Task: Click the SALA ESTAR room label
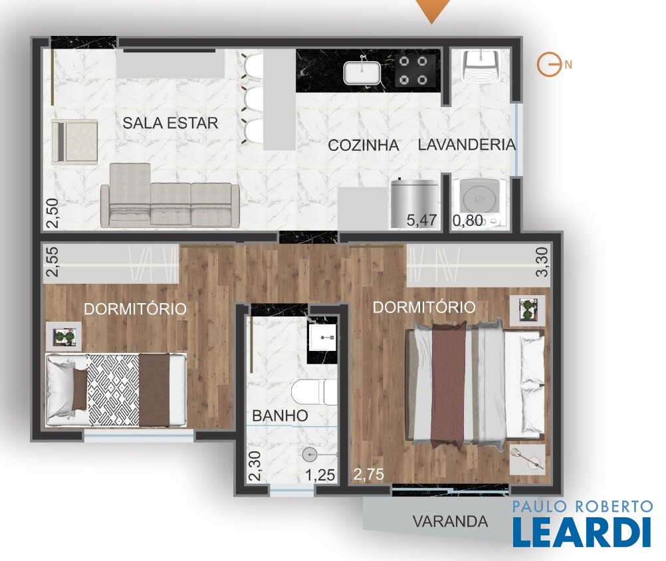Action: (170, 123)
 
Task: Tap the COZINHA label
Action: (364, 146)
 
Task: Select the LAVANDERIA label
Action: (467, 144)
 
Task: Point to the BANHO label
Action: (280, 415)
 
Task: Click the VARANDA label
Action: (450, 521)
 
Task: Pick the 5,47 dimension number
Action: (421, 220)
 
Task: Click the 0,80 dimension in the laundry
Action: (468, 220)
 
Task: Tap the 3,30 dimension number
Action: (542, 262)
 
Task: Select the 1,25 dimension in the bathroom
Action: (320, 475)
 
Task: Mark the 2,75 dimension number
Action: (369, 474)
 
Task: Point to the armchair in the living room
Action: (74, 142)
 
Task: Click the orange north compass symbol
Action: (546, 65)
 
